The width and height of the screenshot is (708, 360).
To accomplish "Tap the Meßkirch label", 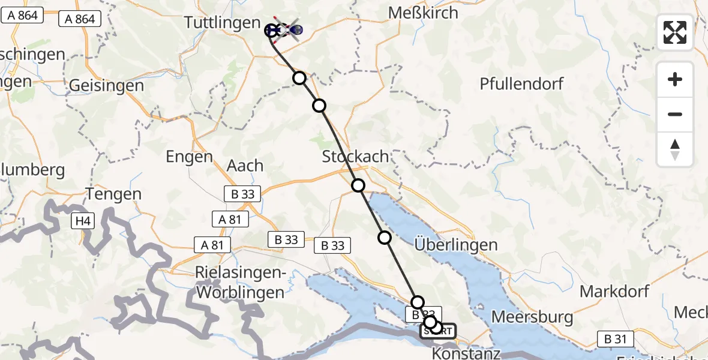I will click(424, 13).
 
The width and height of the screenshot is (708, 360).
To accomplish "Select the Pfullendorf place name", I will click(521, 83).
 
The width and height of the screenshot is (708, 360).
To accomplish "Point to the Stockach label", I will click(355, 157).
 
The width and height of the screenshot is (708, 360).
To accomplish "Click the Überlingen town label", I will click(456, 244).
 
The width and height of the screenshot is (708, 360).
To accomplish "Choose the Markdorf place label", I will click(614, 292).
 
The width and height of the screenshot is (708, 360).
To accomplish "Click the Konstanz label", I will click(466, 353).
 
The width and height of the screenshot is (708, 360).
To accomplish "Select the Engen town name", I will click(190, 157).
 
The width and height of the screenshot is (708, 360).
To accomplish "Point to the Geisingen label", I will click(106, 86).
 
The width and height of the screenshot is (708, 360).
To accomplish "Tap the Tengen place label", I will click(114, 194).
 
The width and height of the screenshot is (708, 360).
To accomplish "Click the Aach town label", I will click(245, 165).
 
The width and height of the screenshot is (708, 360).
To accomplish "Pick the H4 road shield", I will click(82, 222).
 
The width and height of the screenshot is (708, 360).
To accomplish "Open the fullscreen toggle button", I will click(675, 32).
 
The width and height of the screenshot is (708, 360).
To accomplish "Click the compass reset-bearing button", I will click(675, 149).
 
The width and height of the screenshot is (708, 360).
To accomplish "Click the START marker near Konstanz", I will click(437, 331).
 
